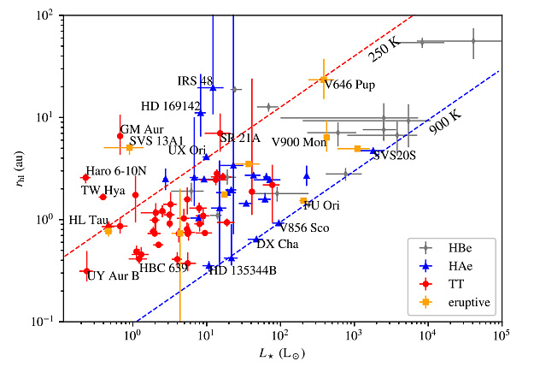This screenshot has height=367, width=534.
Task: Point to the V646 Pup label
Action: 352,86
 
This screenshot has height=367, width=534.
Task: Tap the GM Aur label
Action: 142,129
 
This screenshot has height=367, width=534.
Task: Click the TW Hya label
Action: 103,190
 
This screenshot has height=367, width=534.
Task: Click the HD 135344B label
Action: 243,271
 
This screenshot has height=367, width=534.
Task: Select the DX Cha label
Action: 277,243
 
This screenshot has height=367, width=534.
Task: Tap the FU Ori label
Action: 324,205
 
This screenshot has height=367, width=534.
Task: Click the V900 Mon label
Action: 299,142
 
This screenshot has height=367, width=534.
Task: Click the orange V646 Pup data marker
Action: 324,79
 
